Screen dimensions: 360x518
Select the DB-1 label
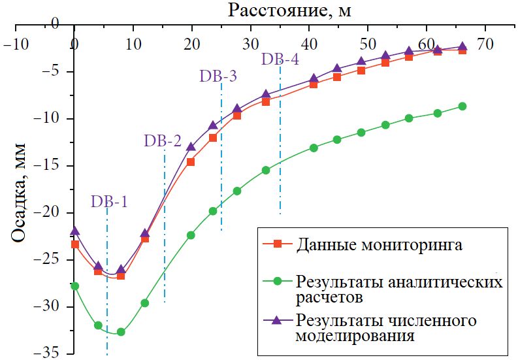109,201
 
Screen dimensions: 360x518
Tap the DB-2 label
163,140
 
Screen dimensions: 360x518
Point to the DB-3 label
218,76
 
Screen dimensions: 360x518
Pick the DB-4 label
280,59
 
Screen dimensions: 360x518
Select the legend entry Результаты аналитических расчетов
399,289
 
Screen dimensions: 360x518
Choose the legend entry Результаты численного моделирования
385,328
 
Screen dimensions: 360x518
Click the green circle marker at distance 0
74,286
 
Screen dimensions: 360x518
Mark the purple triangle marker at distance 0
74,231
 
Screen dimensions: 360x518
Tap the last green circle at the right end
462,106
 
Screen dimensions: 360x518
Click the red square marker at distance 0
74,244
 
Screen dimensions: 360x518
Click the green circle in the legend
277,282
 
